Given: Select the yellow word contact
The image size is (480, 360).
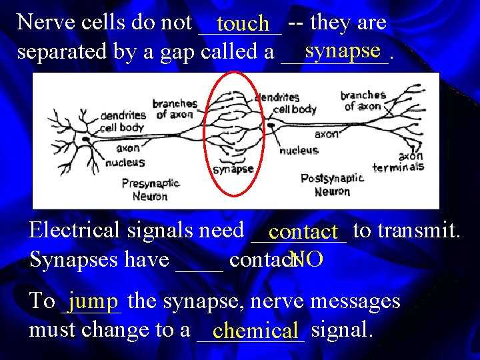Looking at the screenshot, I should click(303, 233).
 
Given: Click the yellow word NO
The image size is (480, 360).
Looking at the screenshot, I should click(307, 259).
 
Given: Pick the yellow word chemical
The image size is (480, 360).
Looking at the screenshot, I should click(256, 330).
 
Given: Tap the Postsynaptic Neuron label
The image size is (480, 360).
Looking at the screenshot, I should click(332, 185).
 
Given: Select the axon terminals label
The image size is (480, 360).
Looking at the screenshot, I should click(399, 162).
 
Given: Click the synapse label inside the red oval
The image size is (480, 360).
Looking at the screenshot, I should click(233, 169).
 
